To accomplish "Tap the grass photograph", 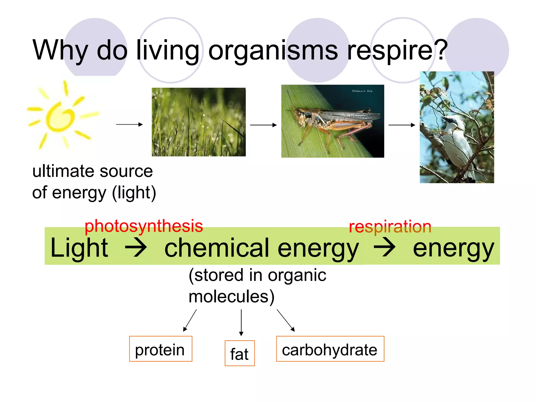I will [199, 122].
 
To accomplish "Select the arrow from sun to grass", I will [129, 124].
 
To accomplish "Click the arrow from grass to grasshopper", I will [263, 125].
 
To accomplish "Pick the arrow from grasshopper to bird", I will [402, 125].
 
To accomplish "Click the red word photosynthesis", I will [144, 226].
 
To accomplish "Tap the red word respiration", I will [390, 227].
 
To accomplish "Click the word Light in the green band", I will [79, 248].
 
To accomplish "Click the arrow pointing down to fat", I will [241, 322].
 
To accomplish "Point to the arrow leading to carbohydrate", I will [286, 320].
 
